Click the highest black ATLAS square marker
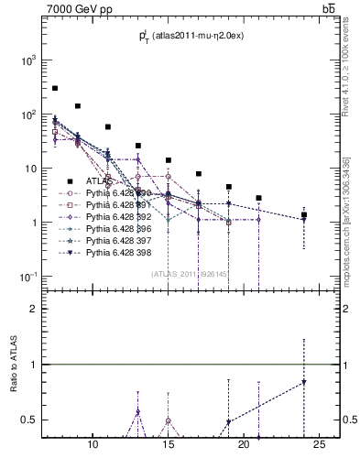click(55, 88)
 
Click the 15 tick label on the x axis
click(168, 446)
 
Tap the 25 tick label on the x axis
click(319, 446)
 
